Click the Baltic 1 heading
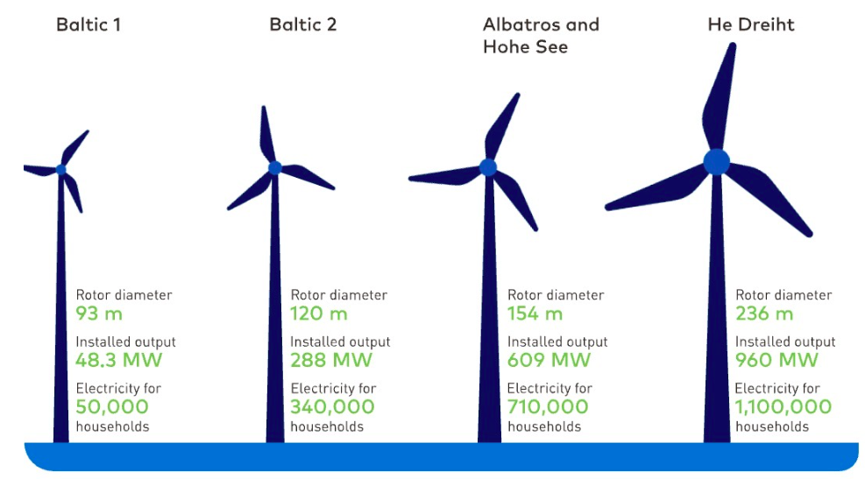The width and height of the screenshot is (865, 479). (x=89, y=25)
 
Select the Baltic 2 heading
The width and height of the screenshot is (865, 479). (x=303, y=25)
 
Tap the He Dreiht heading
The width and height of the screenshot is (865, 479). (x=751, y=25)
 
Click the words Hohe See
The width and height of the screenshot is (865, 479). (x=525, y=47)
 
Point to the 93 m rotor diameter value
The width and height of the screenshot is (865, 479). (x=99, y=313)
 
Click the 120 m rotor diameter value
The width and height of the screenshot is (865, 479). (x=319, y=313)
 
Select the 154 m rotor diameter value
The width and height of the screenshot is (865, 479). (x=535, y=313)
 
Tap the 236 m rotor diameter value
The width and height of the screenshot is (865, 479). (x=764, y=313)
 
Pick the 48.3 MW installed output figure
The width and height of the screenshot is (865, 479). (x=118, y=360)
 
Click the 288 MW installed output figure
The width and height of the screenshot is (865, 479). (x=331, y=360)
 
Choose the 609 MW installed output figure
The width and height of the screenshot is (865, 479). (x=549, y=360)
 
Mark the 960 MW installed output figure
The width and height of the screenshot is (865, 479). (x=776, y=360)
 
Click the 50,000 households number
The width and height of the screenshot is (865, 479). (x=112, y=407)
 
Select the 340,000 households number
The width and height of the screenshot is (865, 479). (x=332, y=407)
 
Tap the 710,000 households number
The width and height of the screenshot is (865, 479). (x=548, y=407)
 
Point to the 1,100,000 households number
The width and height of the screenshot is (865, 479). (x=783, y=407)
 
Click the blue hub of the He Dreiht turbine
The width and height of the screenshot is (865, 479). (x=717, y=162)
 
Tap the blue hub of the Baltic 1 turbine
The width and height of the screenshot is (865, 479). (x=61, y=170)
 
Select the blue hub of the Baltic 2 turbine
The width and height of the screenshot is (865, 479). (x=274, y=167)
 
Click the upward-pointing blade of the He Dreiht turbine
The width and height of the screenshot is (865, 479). (x=720, y=99)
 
